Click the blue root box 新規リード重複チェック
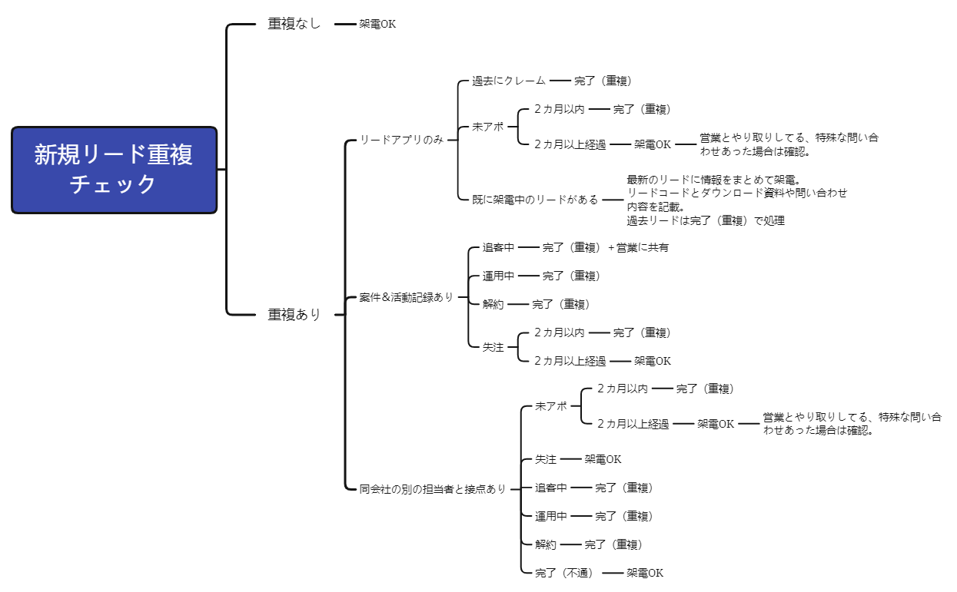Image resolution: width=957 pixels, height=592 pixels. [x=114, y=170]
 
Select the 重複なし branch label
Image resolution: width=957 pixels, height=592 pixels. [x=294, y=24]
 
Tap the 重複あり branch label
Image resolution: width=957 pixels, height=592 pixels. [x=294, y=314]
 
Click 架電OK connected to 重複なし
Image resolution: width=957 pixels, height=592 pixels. [x=377, y=24]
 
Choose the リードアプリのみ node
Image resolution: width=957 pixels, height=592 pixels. [x=401, y=140]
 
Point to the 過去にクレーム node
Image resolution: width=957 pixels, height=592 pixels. [x=508, y=80]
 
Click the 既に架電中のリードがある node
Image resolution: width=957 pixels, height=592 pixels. [x=535, y=199]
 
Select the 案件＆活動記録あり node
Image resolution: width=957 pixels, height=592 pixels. [x=406, y=296]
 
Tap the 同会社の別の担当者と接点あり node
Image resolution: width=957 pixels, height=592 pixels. [x=433, y=488]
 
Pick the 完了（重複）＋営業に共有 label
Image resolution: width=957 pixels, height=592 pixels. [x=606, y=247]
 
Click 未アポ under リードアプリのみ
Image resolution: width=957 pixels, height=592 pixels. [x=487, y=127]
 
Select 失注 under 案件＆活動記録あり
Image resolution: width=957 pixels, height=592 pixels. [x=493, y=347]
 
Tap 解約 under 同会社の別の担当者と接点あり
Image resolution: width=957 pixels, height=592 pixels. [x=545, y=544]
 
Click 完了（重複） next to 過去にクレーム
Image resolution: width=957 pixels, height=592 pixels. [x=603, y=80]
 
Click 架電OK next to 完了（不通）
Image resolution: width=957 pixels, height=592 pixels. [x=644, y=573]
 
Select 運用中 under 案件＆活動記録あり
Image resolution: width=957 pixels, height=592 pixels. [x=498, y=276]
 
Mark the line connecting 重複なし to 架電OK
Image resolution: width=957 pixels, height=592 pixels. [x=345, y=24]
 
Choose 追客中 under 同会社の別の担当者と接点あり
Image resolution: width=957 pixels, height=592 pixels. [x=550, y=488]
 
